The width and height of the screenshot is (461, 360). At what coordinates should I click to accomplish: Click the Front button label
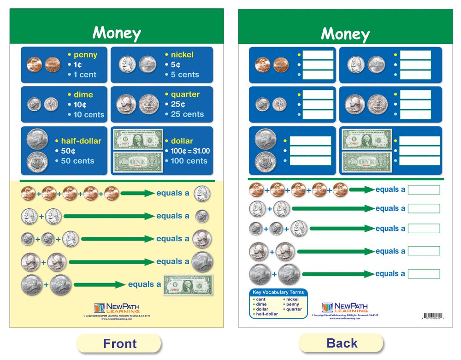[x=119, y=343]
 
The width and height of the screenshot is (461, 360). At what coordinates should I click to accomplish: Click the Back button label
[x=342, y=343]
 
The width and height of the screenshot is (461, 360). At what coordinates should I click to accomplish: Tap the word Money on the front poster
[x=117, y=33]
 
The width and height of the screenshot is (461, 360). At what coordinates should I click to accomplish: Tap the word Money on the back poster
[x=345, y=34]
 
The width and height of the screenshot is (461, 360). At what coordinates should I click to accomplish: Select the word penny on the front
[x=85, y=55]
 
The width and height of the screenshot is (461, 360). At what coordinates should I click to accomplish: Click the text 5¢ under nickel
[x=176, y=65]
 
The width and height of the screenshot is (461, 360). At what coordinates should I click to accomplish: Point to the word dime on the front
[x=83, y=95]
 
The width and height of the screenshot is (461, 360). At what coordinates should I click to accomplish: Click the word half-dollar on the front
[x=81, y=141]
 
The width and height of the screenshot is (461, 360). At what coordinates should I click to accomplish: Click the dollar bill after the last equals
[x=188, y=285]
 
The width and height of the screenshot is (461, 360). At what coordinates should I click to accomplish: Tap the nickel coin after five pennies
[x=202, y=194]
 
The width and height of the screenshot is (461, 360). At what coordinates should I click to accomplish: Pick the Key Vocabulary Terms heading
[x=278, y=292]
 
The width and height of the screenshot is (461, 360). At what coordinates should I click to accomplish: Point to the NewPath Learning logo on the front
[x=111, y=308]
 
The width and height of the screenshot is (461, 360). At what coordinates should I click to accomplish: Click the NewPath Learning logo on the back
[x=339, y=307]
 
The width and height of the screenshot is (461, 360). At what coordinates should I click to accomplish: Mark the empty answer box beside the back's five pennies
[x=424, y=189]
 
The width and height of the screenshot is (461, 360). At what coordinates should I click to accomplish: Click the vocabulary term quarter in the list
[x=294, y=309]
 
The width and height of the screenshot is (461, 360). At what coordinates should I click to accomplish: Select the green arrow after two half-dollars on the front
[x=99, y=284]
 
